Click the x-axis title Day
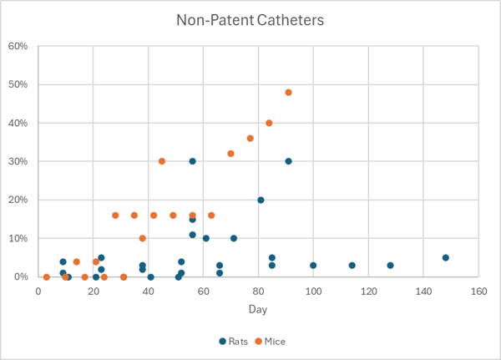257,309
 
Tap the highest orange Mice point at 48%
288,93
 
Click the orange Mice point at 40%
269,123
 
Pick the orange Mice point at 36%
250,139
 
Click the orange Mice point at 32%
230,154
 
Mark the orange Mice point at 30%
162,161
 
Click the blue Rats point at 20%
261,200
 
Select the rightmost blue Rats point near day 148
446,257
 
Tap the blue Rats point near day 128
391,266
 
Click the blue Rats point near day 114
352,266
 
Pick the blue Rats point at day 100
313,266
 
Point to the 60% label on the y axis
19,46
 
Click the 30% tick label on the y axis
19,161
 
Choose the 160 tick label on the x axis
478,291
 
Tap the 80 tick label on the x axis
258,291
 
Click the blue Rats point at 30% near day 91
288,161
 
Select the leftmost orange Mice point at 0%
47,276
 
